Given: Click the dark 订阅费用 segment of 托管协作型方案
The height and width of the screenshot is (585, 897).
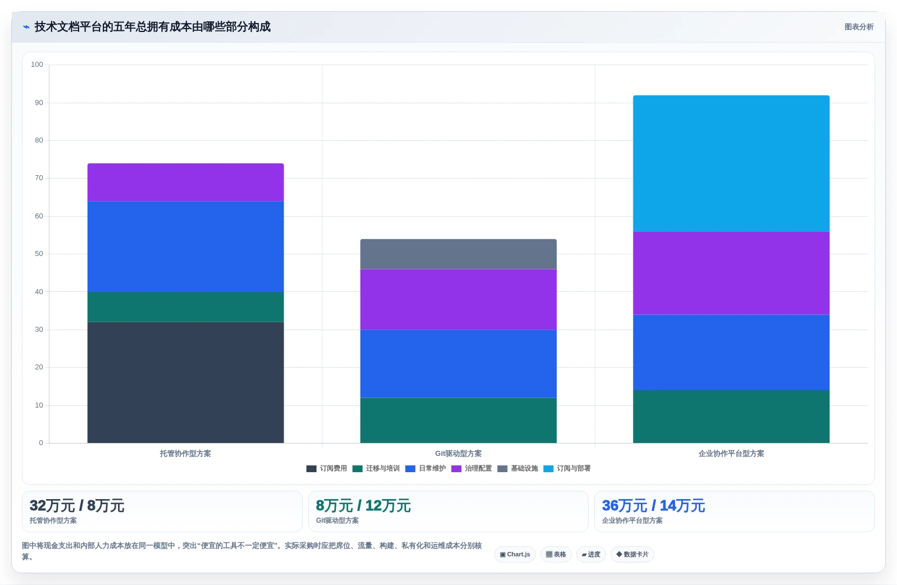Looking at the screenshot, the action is click(185, 382).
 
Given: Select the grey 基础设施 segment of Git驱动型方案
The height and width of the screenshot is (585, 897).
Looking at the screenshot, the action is click(458, 254).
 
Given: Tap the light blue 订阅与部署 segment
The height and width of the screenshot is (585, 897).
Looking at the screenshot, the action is click(731, 163).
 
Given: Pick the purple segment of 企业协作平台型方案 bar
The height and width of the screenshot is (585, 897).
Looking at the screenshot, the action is click(731, 273).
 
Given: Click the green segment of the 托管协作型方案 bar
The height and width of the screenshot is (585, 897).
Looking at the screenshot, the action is click(185, 307).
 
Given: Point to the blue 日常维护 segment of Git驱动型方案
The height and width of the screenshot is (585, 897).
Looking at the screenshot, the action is click(458, 363).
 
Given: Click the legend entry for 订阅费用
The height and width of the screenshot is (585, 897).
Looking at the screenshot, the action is click(326, 469).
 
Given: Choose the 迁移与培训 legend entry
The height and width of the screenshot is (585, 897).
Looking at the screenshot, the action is click(376, 469).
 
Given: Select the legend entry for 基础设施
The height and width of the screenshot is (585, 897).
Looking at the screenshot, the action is click(517, 469).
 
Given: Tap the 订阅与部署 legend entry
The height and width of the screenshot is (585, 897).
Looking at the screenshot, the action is click(567, 469).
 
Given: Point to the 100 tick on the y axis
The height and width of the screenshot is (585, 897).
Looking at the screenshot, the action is click(37, 65).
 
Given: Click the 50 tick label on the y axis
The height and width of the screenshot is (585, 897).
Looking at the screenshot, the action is click(39, 254).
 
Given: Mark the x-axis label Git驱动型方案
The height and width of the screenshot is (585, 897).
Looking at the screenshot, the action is click(458, 454).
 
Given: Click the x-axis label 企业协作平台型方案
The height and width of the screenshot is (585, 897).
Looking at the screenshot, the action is click(731, 454).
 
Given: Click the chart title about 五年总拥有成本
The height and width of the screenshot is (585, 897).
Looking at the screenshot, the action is click(152, 27).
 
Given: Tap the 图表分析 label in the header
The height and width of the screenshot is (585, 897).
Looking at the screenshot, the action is click(859, 27).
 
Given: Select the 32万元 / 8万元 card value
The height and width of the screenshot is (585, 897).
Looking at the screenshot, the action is click(77, 506).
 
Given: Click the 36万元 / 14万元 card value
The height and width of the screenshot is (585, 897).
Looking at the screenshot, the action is click(653, 506).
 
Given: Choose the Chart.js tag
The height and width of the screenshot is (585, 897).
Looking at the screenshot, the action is click(514, 554).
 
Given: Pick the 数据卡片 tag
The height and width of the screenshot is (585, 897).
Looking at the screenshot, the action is click(632, 554).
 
